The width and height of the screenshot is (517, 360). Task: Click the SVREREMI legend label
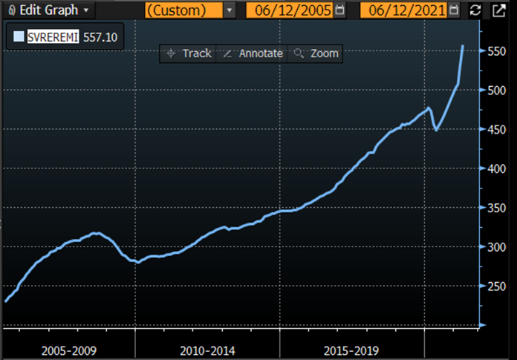click(54, 36)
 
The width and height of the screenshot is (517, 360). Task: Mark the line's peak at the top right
click(463, 46)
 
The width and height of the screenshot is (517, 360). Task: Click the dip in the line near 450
click(436, 130)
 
